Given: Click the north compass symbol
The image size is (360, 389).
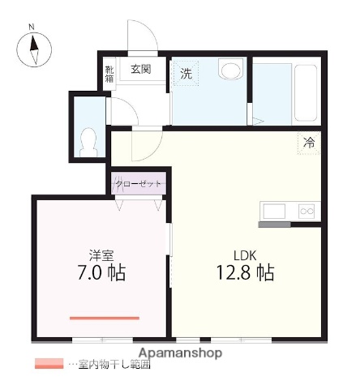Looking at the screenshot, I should click(x=34, y=51).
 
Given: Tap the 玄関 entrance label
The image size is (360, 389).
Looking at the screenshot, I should click(x=140, y=70).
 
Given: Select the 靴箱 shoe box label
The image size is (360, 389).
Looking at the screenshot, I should click(x=109, y=74).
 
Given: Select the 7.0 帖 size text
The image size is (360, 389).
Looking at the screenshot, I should click(x=101, y=272).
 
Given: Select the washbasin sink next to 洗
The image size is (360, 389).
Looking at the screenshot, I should click(x=231, y=70).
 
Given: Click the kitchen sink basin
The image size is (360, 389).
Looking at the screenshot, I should click(x=273, y=212).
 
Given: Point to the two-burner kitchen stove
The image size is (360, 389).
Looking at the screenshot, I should click(x=306, y=212).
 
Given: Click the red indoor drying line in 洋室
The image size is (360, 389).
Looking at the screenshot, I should click(x=105, y=318).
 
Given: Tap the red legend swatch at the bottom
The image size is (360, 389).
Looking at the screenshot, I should click(x=49, y=364).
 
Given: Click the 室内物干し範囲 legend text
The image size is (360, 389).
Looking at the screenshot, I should click(x=114, y=365).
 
